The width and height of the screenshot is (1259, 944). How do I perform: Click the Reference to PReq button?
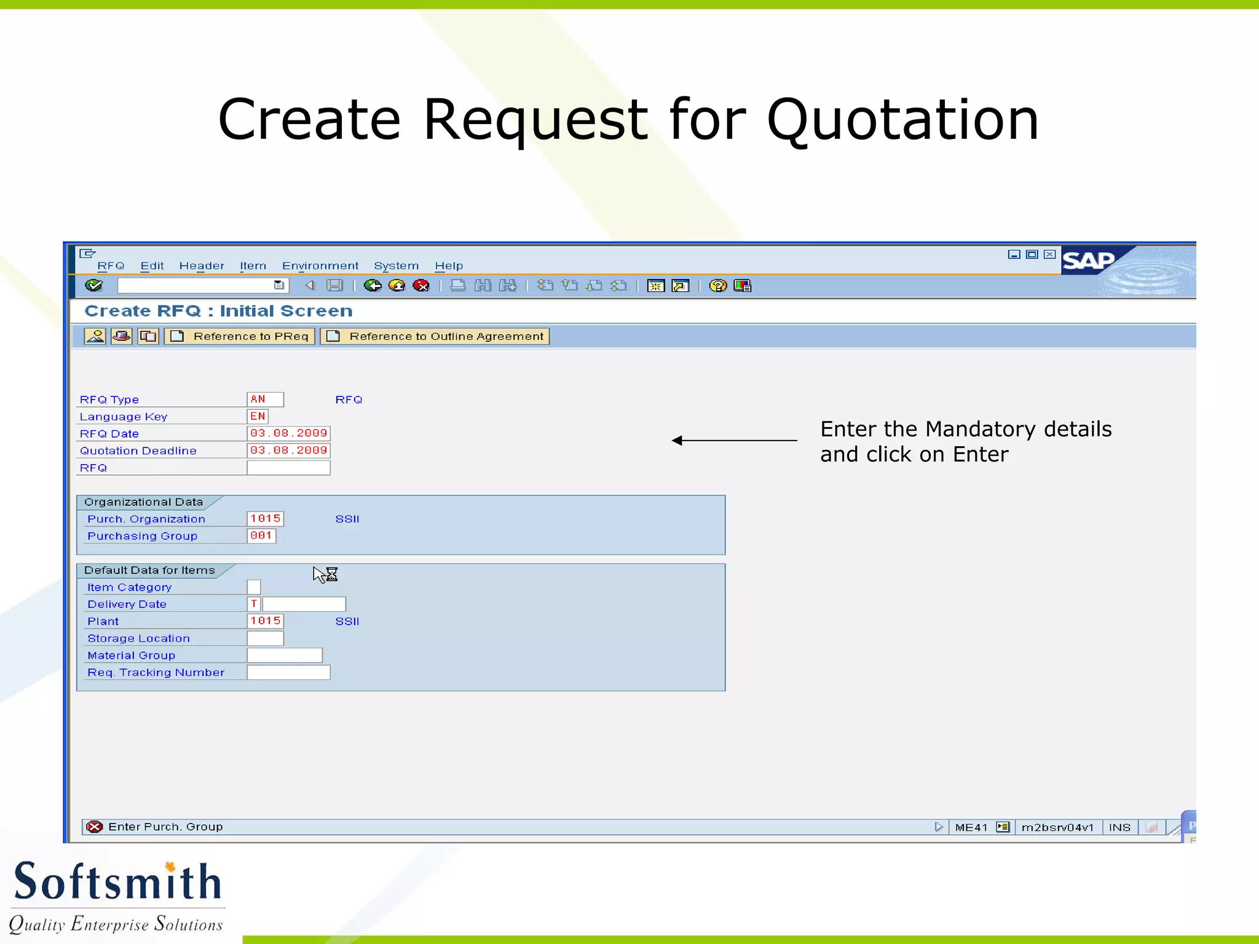(x=240, y=336)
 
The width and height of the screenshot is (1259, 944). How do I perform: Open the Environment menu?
(x=320, y=266)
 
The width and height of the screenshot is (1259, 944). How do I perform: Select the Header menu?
(x=202, y=266)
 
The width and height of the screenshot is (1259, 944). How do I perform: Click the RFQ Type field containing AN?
(x=265, y=399)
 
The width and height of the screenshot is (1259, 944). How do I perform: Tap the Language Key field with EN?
(x=258, y=417)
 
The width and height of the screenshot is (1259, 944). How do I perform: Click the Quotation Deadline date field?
(x=288, y=450)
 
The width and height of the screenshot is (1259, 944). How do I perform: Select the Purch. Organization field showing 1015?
(x=265, y=519)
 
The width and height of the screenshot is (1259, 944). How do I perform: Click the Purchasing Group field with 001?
(x=261, y=536)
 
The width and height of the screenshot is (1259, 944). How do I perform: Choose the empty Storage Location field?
(x=265, y=639)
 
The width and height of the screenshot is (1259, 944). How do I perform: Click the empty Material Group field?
(x=285, y=656)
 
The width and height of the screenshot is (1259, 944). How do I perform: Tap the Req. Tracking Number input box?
(x=288, y=673)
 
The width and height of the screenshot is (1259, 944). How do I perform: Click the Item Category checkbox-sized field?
(x=254, y=588)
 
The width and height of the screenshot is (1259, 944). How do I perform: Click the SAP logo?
(x=1088, y=261)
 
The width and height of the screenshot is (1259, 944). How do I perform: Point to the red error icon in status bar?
(x=95, y=827)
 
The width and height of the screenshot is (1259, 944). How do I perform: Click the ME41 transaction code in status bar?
(x=971, y=827)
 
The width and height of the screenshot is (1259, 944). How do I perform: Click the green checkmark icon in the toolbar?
(x=94, y=285)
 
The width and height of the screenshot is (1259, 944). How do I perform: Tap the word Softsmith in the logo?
(x=117, y=881)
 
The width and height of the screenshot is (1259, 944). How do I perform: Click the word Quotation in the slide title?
(x=902, y=119)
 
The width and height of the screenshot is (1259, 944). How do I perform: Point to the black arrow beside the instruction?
(x=734, y=440)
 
